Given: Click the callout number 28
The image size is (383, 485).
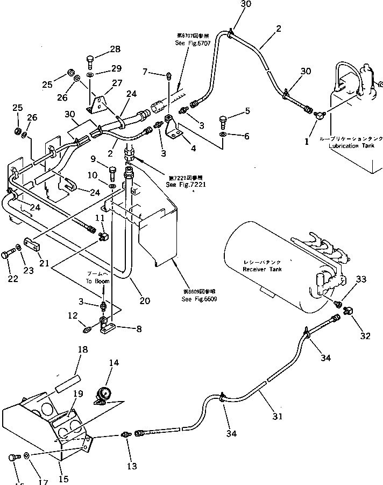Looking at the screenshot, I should (115, 49).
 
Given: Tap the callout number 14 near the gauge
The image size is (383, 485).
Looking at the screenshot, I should (114, 363).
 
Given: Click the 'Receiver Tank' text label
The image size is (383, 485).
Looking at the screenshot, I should (261, 269).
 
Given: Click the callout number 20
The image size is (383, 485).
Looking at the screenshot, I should (145, 301).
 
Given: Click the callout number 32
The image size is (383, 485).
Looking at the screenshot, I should (366, 336).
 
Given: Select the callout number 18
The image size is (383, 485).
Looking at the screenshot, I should (82, 350).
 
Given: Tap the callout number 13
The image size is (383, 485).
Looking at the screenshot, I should (131, 466).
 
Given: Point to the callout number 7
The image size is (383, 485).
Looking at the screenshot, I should (145, 72).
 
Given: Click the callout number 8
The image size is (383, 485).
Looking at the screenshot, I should (139, 328).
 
